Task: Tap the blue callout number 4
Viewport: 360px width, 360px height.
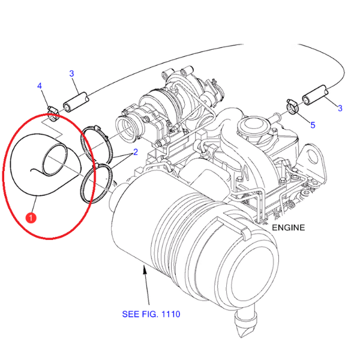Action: pyautogui.click(x=40, y=87)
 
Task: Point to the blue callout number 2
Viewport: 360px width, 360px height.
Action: pyautogui.click(x=136, y=152)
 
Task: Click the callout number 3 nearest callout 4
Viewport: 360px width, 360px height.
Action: pyautogui.click(x=71, y=74)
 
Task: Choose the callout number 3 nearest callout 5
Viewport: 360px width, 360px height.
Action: pyautogui.click(x=340, y=108)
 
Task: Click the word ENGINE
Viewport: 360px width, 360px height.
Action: pyautogui.click(x=289, y=227)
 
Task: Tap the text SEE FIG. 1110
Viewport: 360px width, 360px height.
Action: pyautogui.click(x=151, y=314)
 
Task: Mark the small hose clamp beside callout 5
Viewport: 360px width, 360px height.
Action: pyautogui.click(x=292, y=108)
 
